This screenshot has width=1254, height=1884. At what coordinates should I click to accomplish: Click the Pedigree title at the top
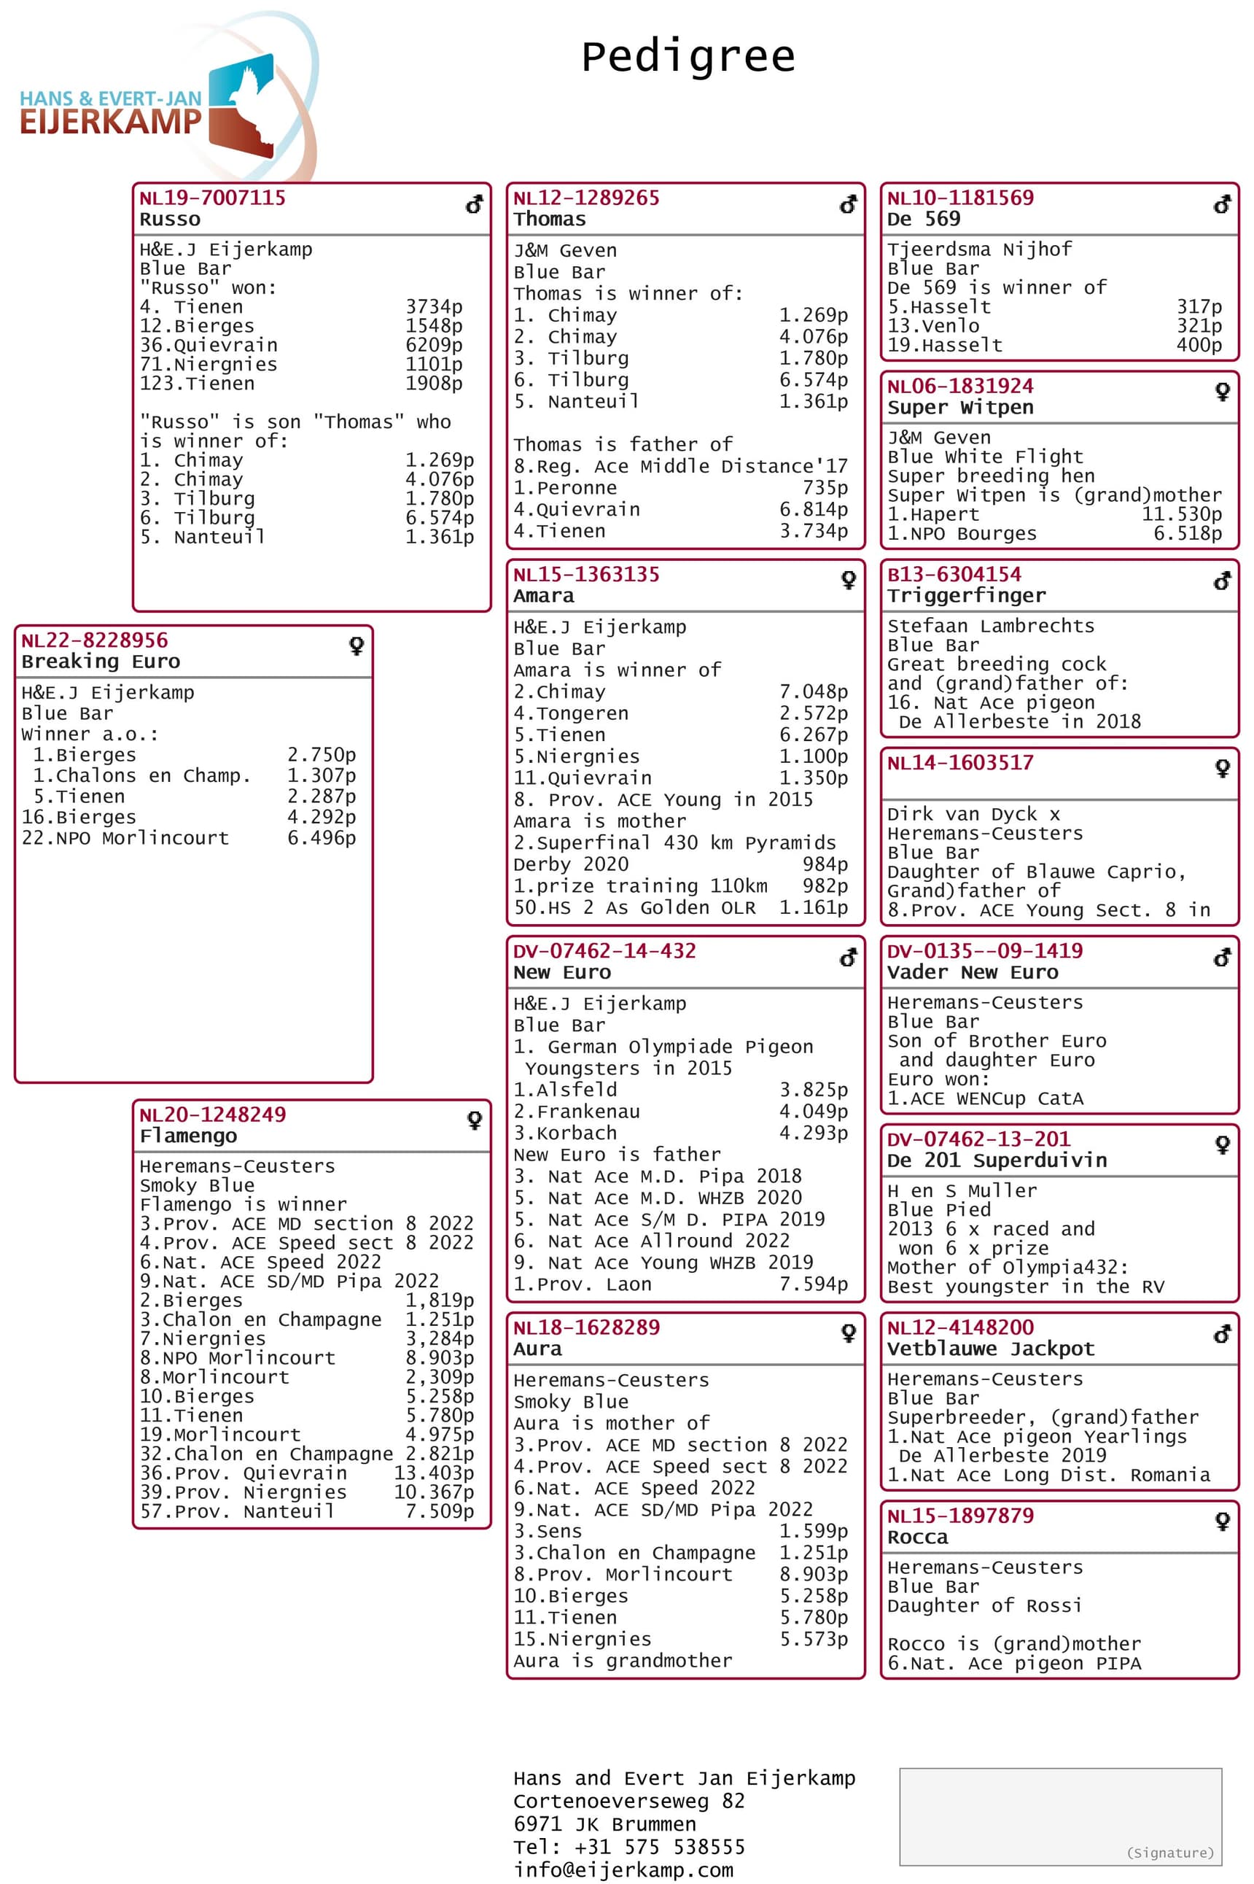(x=688, y=58)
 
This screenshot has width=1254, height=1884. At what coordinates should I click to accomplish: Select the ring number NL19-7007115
(x=212, y=198)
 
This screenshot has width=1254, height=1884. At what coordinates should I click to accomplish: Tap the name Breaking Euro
(x=101, y=661)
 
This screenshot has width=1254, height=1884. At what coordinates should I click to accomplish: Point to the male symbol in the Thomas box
(x=849, y=205)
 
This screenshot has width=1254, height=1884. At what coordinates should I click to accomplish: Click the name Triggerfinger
(x=966, y=595)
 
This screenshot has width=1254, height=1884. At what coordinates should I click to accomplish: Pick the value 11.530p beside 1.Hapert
(x=1181, y=513)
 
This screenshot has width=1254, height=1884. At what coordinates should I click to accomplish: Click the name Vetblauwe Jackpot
(x=990, y=1349)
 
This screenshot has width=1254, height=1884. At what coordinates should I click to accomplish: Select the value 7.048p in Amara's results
(x=814, y=691)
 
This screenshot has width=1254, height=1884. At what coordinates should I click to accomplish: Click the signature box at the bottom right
(x=1061, y=1816)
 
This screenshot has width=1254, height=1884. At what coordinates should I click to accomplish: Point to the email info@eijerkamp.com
(x=623, y=1869)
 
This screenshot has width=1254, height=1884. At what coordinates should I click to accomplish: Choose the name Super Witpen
(x=959, y=407)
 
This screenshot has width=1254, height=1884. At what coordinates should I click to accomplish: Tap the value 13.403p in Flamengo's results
(x=434, y=1473)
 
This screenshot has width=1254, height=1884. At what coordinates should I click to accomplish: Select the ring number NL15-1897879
(x=959, y=1515)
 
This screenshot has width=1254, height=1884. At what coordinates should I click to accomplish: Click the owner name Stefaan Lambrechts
(x=990, y=626)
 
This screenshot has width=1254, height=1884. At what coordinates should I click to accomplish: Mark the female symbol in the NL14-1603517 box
(x=1222, y=768)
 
